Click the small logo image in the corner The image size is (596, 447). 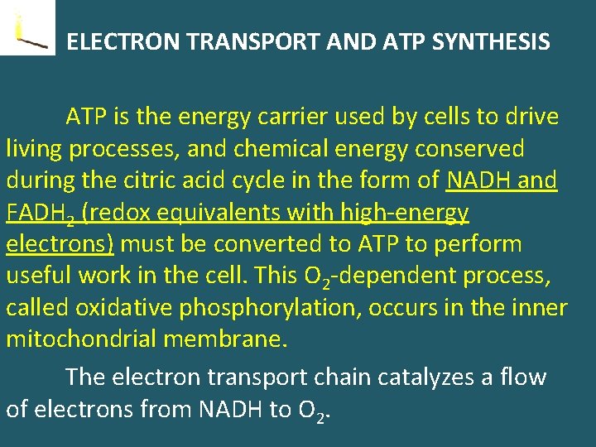pos(27,27)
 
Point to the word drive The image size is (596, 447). pos(530,117)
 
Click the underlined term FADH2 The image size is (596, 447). pos(41,214)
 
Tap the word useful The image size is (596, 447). pos(39,276)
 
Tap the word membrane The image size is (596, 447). pos(240,339)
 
